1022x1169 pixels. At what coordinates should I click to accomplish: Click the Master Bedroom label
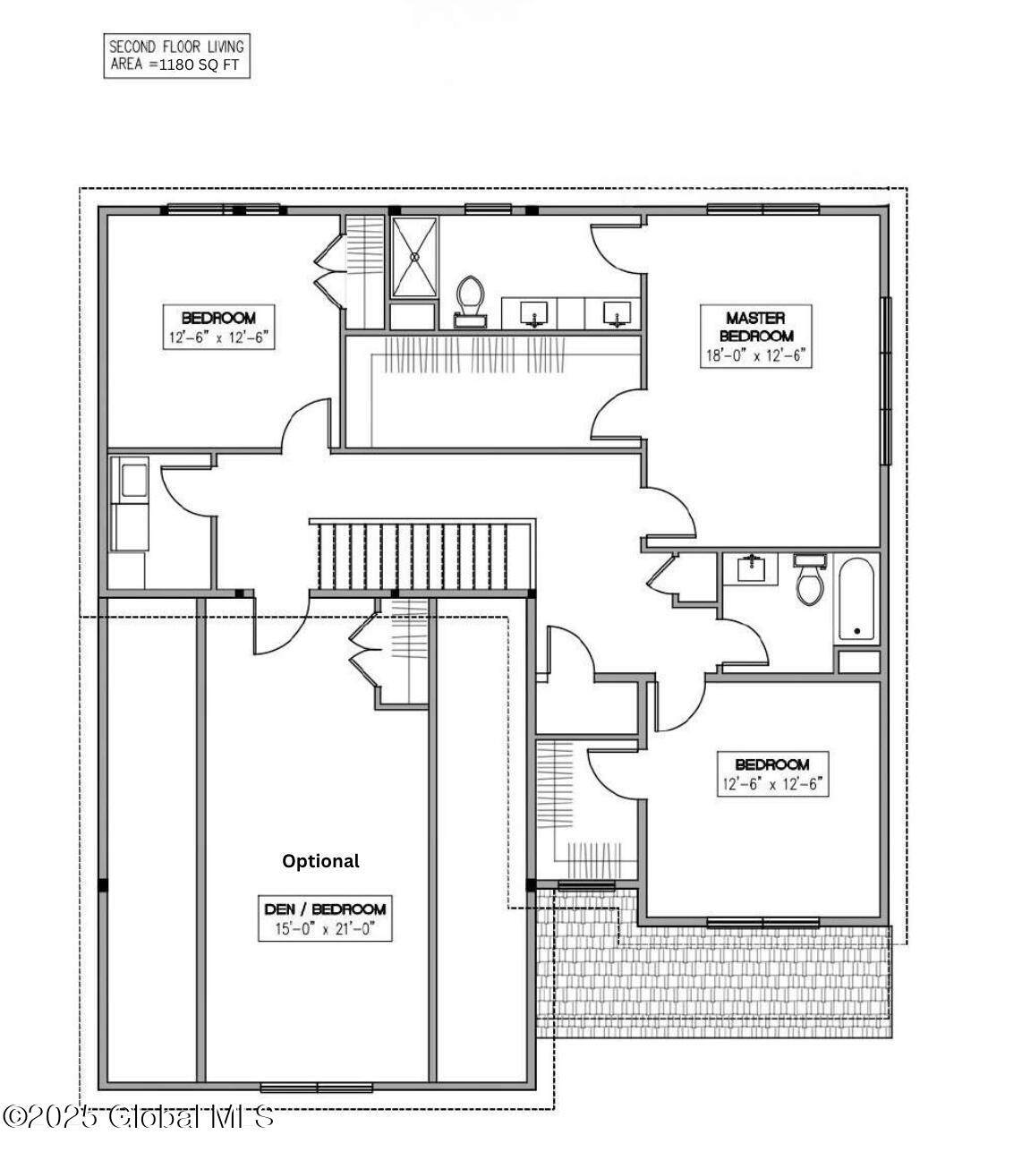[756, 326]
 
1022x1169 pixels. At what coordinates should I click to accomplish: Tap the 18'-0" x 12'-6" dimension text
[756, 355]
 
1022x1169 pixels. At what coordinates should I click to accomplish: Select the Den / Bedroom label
[325, 909]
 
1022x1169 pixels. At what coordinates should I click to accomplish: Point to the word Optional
[320, 861]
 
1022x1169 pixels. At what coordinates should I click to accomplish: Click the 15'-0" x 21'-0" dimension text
[325, 928]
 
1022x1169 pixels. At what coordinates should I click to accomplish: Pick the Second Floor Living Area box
[176, 55]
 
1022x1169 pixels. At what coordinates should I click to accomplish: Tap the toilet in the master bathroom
[470, 302]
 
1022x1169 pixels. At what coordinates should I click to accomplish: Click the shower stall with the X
[414, 257]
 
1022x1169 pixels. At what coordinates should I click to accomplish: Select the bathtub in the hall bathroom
[856, 600]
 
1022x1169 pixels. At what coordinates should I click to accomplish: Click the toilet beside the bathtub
[810, 578]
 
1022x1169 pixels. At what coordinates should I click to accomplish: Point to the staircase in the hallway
[422, 554]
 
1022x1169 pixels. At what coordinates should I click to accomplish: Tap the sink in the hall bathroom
[750, 568]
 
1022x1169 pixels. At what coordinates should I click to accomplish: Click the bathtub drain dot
[857, 631]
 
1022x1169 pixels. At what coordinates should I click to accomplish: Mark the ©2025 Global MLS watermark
[138, 1118]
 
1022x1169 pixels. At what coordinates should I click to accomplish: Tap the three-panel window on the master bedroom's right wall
[885, 380]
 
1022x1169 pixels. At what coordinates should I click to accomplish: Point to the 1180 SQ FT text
[199, 65]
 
